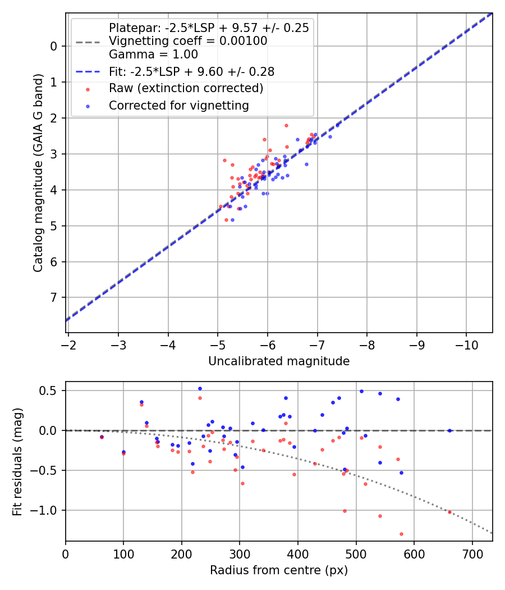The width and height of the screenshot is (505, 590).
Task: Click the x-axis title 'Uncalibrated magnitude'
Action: [279, 361]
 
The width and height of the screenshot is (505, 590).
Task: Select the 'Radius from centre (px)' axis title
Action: [279, 570]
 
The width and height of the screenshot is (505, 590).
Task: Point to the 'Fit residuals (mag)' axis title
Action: [17, 461]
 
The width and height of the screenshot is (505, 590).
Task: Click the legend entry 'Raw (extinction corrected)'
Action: [186, 88]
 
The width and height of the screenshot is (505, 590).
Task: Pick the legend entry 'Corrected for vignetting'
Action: [178, 105]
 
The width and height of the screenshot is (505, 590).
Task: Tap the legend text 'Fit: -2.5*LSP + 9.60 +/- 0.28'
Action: [191, 72]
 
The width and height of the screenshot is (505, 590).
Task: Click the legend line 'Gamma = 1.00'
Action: [153, 55]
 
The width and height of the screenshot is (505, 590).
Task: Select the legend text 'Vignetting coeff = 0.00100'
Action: [188, 41]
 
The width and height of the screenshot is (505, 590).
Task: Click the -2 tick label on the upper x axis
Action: [68, 344]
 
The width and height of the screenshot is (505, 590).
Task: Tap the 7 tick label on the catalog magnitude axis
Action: [54, 297]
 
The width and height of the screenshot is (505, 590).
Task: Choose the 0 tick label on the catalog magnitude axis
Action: [54, 46]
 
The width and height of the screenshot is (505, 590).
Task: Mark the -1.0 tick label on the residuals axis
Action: [48, 510]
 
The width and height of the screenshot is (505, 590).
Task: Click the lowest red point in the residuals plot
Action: [401, 534]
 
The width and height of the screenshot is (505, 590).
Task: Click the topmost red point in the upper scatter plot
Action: [286, 125]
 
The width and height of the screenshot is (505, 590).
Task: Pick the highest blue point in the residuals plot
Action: [200, 388]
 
